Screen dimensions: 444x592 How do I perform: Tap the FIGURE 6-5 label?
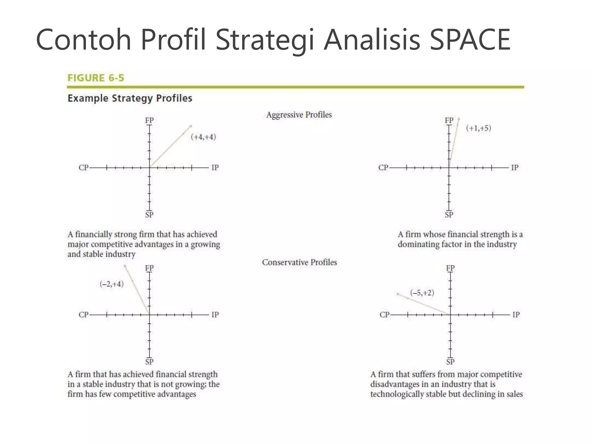(x=96, y=78)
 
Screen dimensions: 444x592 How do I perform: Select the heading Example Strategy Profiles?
(x=130, y=98)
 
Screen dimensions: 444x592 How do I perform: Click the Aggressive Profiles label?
(x=299, y=115)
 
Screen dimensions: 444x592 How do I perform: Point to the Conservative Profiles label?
(x=299, y=262)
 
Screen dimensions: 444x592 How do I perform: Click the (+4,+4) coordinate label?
(x=203, y=137)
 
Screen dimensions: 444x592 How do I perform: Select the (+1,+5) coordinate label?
(x=478, y=128)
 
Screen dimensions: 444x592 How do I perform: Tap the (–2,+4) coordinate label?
(x=112, y=284)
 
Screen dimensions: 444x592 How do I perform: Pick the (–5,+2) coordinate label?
(x=422, y=293)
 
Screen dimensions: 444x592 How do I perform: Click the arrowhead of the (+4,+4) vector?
(x=190, y=126)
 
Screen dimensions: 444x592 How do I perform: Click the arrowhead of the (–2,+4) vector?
(x=125, y=266)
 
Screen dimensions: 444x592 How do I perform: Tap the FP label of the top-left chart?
(x=149, y=120)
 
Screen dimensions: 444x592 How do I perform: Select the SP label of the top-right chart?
(x=449, y=215)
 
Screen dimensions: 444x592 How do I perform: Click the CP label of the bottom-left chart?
(x=83, y=314)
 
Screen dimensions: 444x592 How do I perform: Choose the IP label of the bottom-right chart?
(x=516, y=314)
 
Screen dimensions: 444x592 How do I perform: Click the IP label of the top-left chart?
(x=215, y=168)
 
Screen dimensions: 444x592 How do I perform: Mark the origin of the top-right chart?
(x=449, y=168)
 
